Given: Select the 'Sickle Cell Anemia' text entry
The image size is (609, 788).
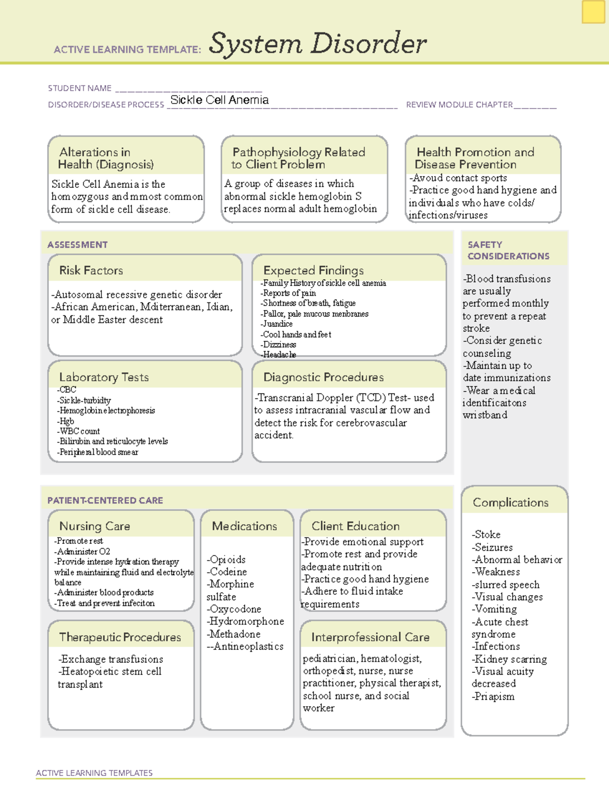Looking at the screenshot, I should click(219, 100).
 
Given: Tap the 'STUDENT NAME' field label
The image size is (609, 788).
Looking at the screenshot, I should click(80, 88).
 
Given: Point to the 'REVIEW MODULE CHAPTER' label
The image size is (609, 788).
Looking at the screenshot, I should click(459, 105).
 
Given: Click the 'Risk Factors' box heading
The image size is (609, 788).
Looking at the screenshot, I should click(91, 270).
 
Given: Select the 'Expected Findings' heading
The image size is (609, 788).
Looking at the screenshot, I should click(313, 270).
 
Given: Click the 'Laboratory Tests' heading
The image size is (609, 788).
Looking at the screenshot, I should click(104, 377).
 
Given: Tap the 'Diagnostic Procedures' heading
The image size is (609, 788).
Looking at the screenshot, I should click(323, 377).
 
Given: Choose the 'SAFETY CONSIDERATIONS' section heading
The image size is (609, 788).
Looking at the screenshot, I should click(508, 250).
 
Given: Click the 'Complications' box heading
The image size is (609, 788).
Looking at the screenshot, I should click(511, 502).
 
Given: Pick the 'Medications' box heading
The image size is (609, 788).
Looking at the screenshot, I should click(244, 526).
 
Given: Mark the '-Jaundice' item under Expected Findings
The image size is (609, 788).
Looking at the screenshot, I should click(277, 324).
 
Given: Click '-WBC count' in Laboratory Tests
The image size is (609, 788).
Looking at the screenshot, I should click(79, 431).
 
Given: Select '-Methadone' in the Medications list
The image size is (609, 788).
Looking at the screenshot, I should click(233, 634).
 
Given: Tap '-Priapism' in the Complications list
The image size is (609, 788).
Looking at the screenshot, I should click(493, 697).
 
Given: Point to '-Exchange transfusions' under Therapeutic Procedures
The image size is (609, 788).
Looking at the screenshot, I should click(111, 659).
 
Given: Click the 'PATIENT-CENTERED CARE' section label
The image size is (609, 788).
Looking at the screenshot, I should click(105, 500).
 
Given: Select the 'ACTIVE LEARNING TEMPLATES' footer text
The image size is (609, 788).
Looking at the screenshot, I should click(94, 773).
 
